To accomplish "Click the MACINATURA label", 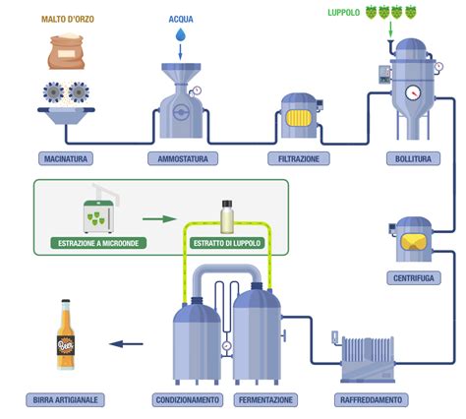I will (x=68, y=158).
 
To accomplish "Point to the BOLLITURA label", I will (x=408, y=158).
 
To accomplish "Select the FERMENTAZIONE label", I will (x=264, y=400).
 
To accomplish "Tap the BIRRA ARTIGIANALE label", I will (x=65, y=400).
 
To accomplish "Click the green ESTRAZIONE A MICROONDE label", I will (x=98, y=241).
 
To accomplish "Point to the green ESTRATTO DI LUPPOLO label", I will (x=227, y=241).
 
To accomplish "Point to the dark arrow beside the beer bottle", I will (x=123, y=344).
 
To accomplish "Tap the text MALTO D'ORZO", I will (x=68, y=20).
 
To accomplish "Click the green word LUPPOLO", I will (x=344, y=13).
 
